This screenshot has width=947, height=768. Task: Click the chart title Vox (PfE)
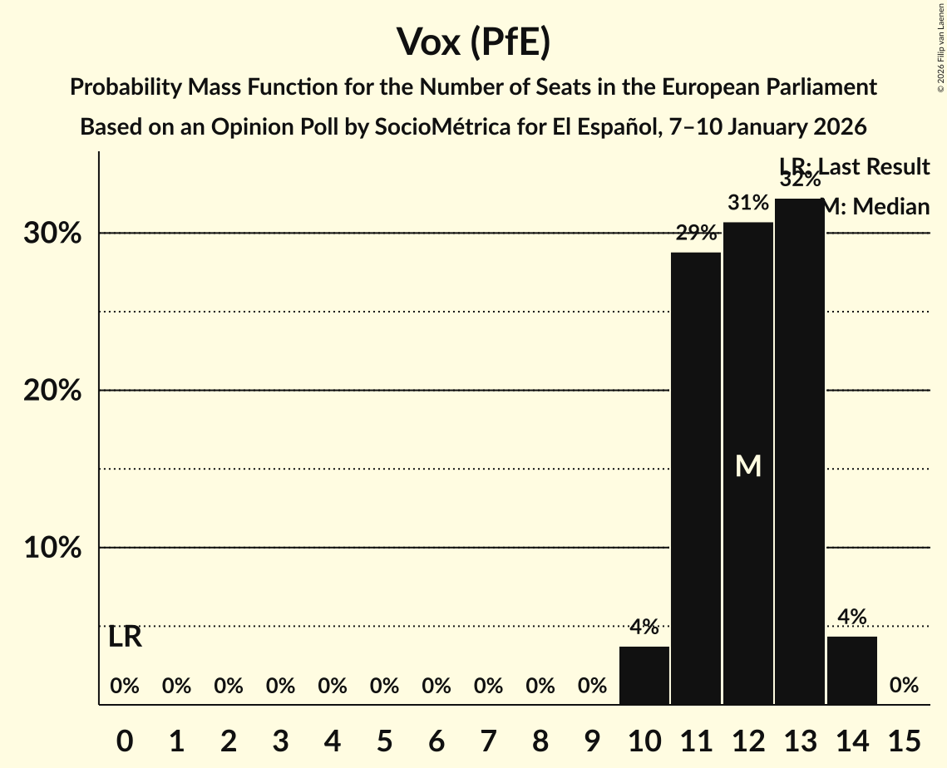tap(473, 42)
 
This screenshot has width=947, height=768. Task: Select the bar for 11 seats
tap(696, 478)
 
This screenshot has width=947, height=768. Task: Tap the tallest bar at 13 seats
tap(800, 451)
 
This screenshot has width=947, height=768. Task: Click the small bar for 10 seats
tap(644, 675)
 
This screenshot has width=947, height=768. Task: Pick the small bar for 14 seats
tap(851, 670)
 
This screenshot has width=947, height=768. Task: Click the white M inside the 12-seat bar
tap(748, 466)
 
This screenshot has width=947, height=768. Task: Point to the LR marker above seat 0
tap(125, 638)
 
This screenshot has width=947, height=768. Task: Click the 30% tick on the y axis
tap(52, 234)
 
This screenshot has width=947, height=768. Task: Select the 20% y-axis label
tap(52, 391)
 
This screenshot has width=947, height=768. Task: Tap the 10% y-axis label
tap(52, 549)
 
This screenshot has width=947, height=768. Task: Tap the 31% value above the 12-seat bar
tap(748, 203)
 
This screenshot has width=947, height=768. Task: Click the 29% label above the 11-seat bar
tap(696, 234)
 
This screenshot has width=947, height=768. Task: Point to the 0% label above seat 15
tap(904, 686)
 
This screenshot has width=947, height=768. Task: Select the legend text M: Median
tap(875, 207)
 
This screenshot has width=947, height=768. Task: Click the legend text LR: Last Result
tap(854, 167)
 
